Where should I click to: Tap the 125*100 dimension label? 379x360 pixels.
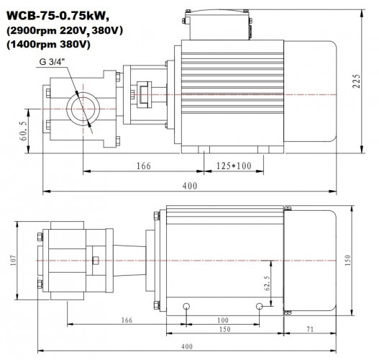(234, 166)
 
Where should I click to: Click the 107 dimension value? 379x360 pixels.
(13, 259)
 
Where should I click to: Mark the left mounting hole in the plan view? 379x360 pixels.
(187, 305)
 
